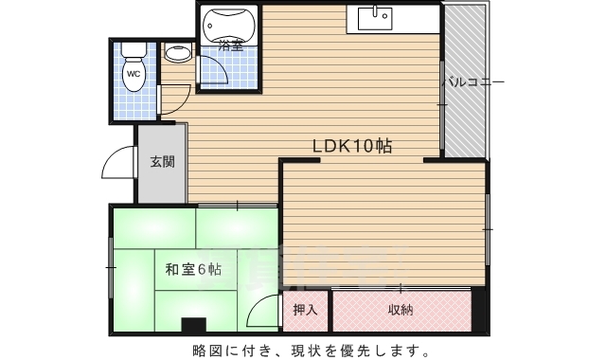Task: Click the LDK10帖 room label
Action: pos(353,147)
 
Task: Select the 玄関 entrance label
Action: pos(162,161)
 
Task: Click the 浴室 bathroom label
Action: pos(230,45)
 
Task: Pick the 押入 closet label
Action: pos(305,310)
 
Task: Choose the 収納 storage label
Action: pos(401,310)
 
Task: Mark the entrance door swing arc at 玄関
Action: pos(117,166)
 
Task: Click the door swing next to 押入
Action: pos(267,311)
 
